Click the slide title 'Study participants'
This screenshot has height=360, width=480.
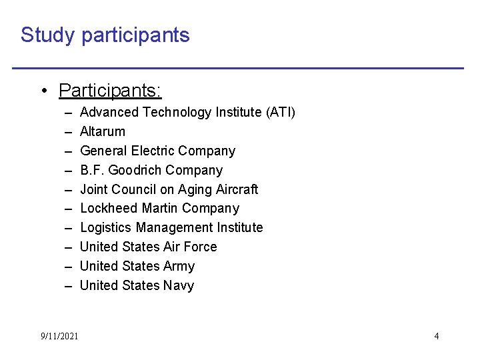(105, 35)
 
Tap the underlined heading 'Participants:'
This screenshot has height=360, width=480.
(110, 90)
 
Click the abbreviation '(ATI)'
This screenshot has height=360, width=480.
(280, 113)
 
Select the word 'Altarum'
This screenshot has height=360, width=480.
(102, 132)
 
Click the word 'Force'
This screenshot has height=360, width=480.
(201, 247)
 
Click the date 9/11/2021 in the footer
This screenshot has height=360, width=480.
(59, 336)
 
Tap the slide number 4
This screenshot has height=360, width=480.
(437, 336)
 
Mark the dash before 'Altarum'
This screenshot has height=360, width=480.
(69, 132)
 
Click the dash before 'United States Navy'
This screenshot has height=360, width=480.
(69, 286)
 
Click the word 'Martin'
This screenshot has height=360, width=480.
(159, 209)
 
